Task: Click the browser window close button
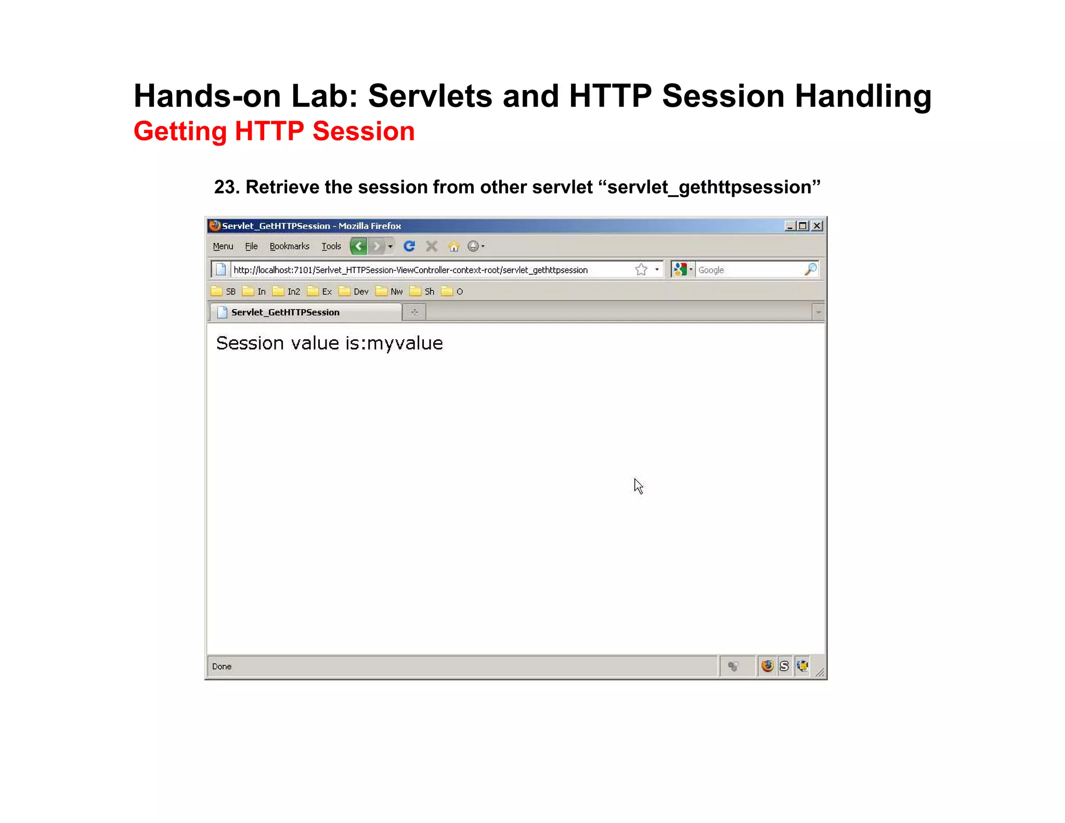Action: point(817,226)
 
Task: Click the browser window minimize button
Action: point(790,226)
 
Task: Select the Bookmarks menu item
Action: point(289,246)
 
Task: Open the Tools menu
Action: point(331,246)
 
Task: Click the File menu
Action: point(251,246)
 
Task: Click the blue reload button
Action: point(409,246)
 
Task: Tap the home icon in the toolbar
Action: point(454,246)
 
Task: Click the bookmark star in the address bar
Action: point(641,269)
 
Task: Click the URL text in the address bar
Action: point(410,270)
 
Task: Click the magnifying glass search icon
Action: point(810,269)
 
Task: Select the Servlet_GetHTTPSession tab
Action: point(285,312)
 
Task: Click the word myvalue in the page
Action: point(405,343)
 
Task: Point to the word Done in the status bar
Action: point(222,666)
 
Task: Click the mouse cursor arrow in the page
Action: point(638,486)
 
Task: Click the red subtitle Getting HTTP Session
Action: point(274,131)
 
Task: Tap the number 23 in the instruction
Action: point(225,187)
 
